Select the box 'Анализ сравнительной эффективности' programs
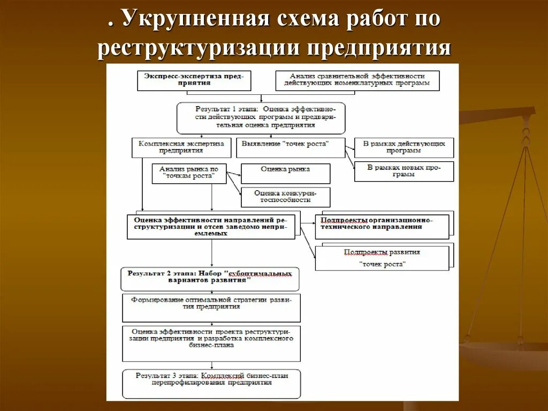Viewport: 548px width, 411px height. [357, 80]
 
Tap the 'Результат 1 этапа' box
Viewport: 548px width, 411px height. [261, 118]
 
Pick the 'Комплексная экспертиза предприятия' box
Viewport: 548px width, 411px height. [181, 147]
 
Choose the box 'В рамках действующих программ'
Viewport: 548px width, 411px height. [404, 147]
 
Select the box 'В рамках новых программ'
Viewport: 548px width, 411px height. [404, 171]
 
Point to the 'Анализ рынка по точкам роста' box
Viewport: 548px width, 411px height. [189, 173]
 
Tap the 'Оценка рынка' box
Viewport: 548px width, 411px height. [285, 173]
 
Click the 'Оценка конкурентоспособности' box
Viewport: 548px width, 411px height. [285, 197]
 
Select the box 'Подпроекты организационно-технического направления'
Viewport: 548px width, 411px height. [382, 227]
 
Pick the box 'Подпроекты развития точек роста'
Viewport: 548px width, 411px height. [382, 258]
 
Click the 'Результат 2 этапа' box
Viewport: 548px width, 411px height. [210, 279]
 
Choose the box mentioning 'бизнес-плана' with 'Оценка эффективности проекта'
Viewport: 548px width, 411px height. [211, 343]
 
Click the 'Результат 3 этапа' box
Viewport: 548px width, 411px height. [211, 383]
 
